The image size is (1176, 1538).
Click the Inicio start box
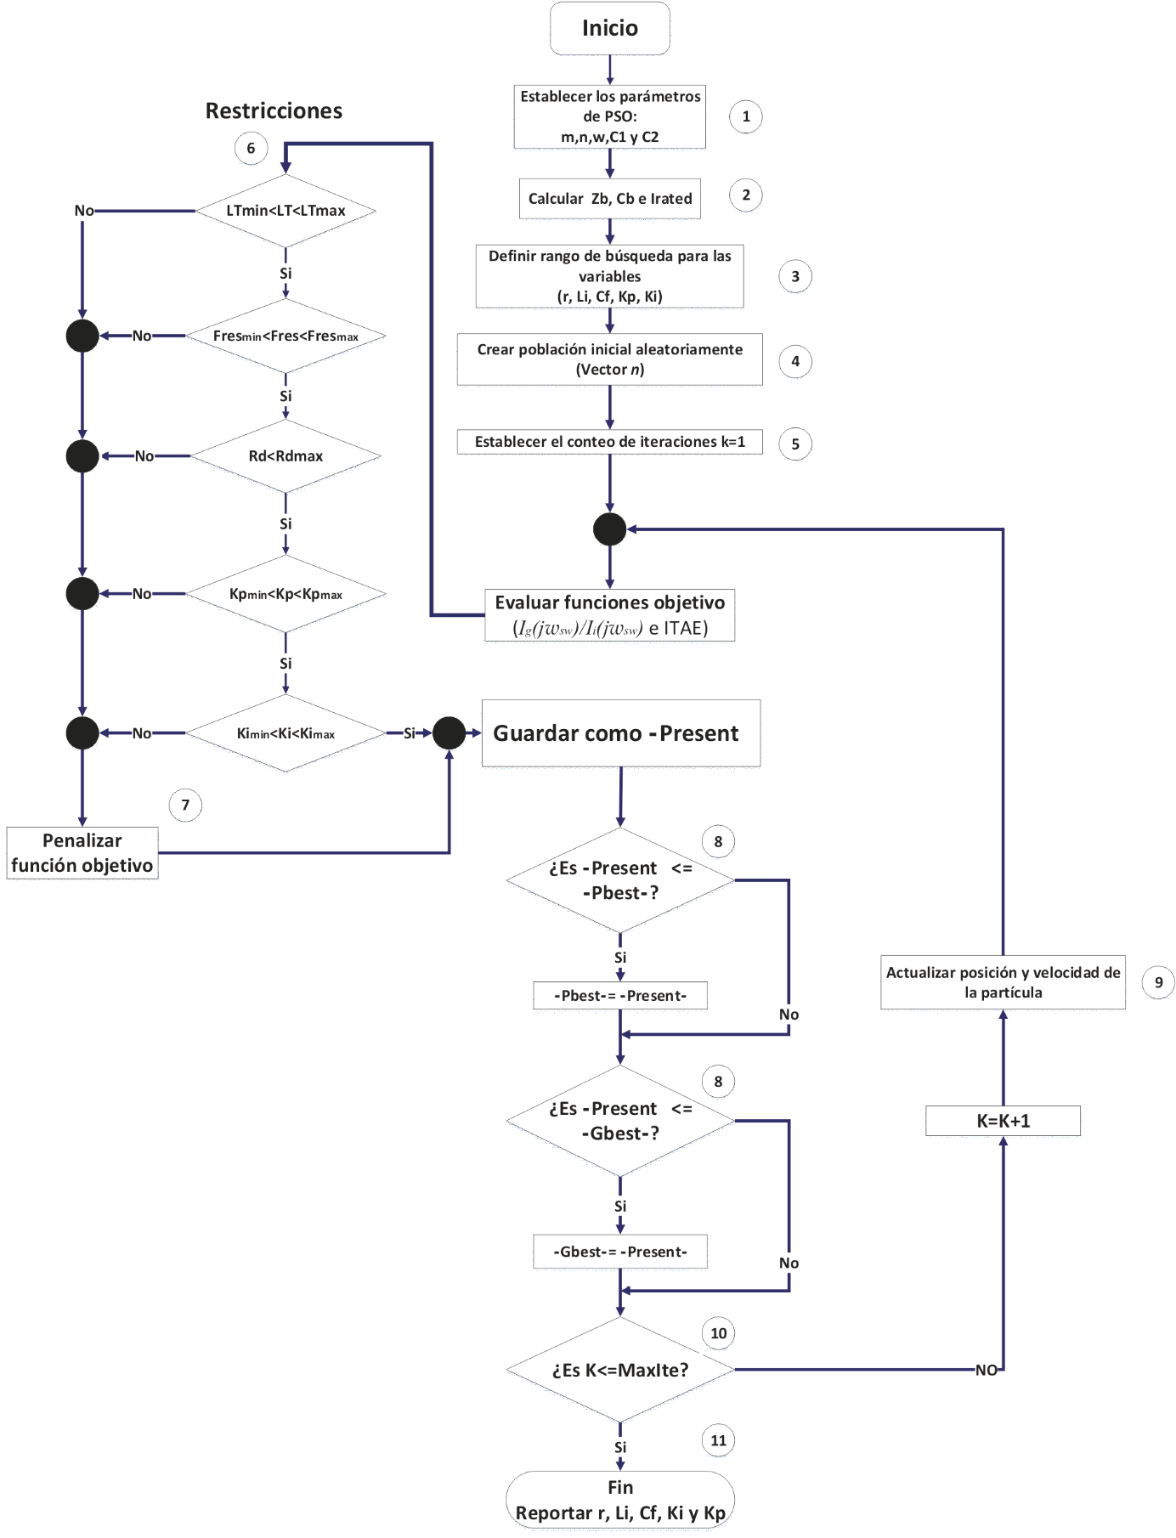[609, 29]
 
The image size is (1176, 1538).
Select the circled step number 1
[746, 116]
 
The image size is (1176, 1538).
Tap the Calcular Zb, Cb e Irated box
[609, 199]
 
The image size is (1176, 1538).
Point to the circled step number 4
[795, 361]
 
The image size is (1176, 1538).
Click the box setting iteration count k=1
[609, 442]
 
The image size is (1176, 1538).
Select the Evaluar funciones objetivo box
[609, 615]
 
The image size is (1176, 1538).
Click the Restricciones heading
[274, 111]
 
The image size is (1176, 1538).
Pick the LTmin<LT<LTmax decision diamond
[286, 211]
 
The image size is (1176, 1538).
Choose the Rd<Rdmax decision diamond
[286, 456]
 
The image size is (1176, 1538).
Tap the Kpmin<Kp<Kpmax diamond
[286, 594]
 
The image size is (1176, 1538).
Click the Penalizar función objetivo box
[82, 853]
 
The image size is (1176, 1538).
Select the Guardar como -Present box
[620, 733]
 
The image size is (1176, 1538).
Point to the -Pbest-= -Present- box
[620, 996]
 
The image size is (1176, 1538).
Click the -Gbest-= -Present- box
[620, 1252]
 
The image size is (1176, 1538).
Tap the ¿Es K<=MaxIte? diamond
[620, 1370]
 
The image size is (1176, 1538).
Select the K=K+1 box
[1003, 1121]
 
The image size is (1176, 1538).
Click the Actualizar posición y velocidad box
[1003, 982]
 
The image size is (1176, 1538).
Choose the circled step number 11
[718, 1440]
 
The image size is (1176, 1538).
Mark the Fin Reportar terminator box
[620, 1501]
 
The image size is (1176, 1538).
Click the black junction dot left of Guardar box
[449, 733]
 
